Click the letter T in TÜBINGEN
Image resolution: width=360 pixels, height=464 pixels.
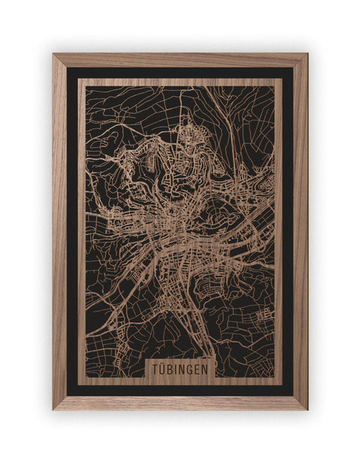click(x=154, y=371)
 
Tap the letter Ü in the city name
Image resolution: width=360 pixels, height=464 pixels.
click(x=163, y=371)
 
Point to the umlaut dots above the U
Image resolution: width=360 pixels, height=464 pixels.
click(x=163, y=366)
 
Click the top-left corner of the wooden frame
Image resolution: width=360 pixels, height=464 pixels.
click(x=53, y=54)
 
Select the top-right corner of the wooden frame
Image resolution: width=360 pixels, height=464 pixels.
click(x=307, y=54)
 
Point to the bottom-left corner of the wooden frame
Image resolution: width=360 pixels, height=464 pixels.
click(x=53, y=409)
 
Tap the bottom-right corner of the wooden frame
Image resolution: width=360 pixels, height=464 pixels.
click(x=307, y=409)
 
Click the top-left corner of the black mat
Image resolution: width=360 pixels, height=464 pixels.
click(x=67, y=68)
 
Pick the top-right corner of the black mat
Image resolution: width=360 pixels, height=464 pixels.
click(x=293, y=68)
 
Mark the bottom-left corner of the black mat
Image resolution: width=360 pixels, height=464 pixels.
click(x=67, y=396)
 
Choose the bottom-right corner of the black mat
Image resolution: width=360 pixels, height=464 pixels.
click(x=293, y=396)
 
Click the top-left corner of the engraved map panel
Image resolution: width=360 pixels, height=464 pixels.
click(x=79, y=77)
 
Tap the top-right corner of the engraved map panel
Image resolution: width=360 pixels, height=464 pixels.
click(x=282, y=77)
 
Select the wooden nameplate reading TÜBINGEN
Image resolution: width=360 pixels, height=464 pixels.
click(x=181, y=371)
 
